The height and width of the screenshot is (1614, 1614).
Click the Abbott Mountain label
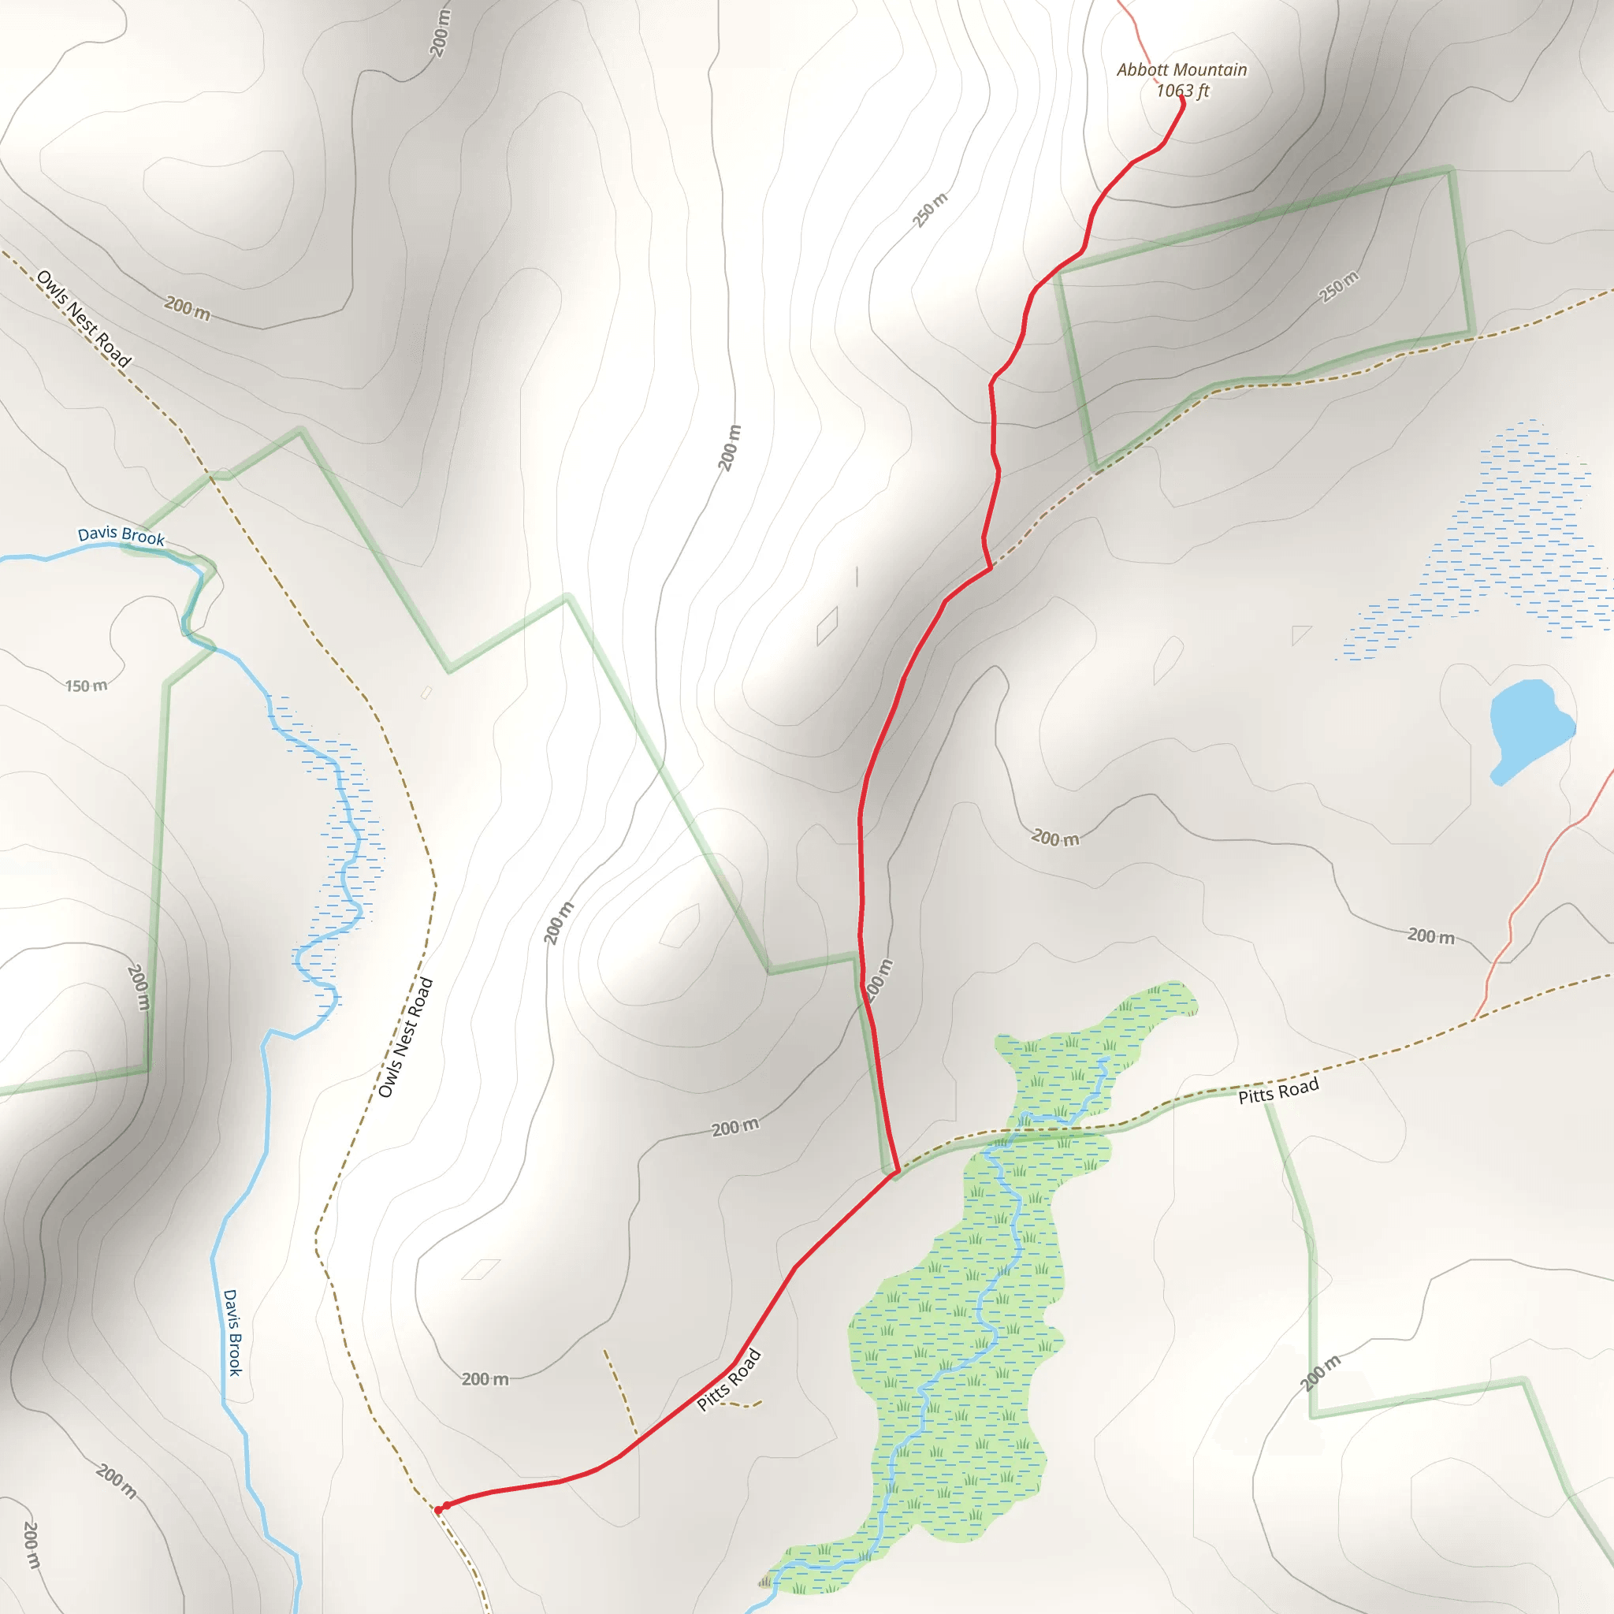coord(1181,70)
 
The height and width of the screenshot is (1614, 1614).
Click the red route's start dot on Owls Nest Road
coord(440,1509)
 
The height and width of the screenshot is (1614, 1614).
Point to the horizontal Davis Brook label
coord(121,535)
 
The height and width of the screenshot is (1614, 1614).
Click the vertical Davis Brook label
coord(232,1332)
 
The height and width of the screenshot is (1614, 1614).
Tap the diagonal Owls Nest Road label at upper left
coord(84,318)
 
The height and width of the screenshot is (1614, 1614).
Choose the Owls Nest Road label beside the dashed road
coord(406,1037)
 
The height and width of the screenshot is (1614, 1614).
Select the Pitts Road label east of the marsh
coord(1278,1090)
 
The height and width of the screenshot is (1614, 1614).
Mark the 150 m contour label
coord(86,686)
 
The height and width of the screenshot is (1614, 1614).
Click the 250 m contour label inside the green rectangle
coord(1338,287)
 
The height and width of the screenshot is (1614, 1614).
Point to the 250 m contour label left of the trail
coord(930,210)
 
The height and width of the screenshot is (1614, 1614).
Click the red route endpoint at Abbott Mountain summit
coord(1181,101)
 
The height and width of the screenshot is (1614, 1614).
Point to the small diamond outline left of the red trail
coord(827,626)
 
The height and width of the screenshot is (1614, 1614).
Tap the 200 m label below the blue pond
coord(1056,837)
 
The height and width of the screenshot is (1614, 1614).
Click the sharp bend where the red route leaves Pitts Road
coord(895,1172)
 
